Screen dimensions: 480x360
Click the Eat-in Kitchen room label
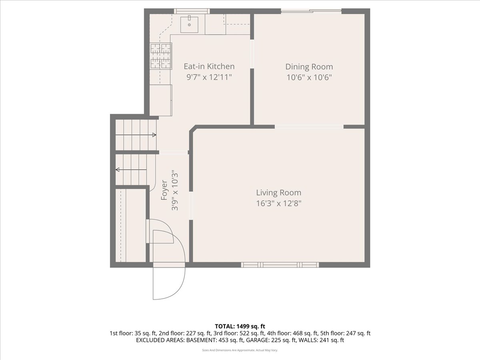(209, 66)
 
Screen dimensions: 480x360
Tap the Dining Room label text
(309, 67)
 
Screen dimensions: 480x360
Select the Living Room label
(278, 192)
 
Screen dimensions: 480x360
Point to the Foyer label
(164, 190)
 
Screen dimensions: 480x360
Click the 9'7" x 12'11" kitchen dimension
(209, 77)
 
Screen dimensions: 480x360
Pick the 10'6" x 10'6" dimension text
(309, 78)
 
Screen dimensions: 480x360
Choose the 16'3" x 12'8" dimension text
(278, 204)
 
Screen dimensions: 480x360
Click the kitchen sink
(189, 24)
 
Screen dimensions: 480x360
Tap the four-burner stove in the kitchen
(161, 56)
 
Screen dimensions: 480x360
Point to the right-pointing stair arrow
(136, 135)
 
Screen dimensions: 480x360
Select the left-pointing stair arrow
(131, 170)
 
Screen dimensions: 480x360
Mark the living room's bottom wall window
(280, 265)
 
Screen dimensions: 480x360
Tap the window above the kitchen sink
(192, 11)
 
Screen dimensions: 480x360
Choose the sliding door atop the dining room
(311, 11)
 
